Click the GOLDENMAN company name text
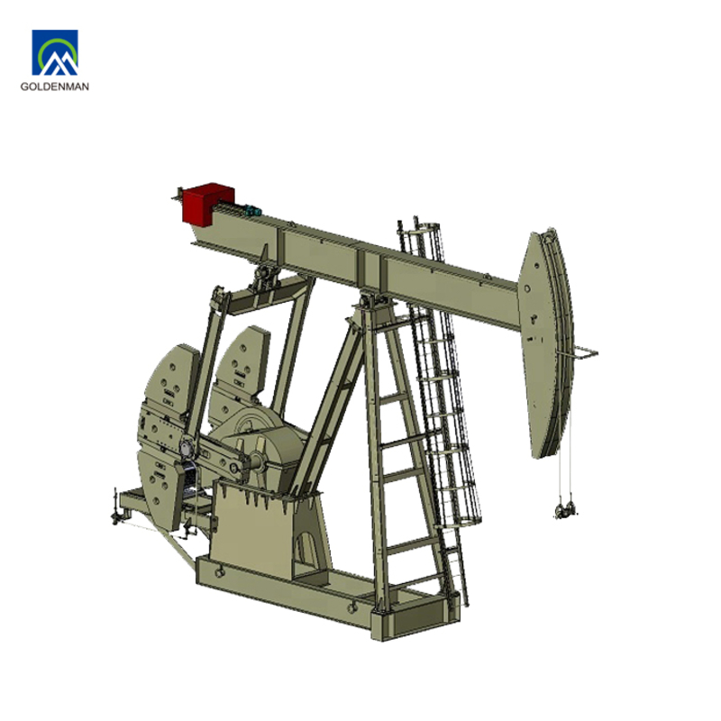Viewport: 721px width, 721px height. click(x=55, y=86)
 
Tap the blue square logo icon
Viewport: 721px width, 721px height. click(x=55, y=52)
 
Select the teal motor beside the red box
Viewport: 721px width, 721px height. click(x=252, y=211)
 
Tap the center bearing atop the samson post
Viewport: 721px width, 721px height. click(x=373, y=301)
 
